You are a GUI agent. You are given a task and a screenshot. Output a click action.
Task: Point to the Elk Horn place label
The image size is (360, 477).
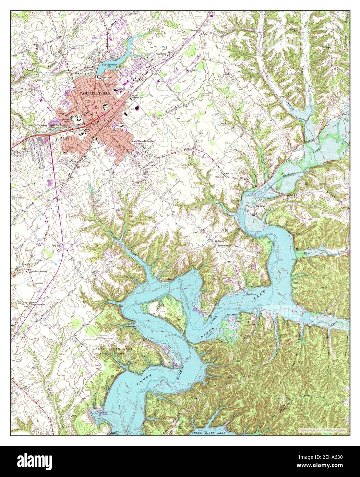click(x=257, y=206)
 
